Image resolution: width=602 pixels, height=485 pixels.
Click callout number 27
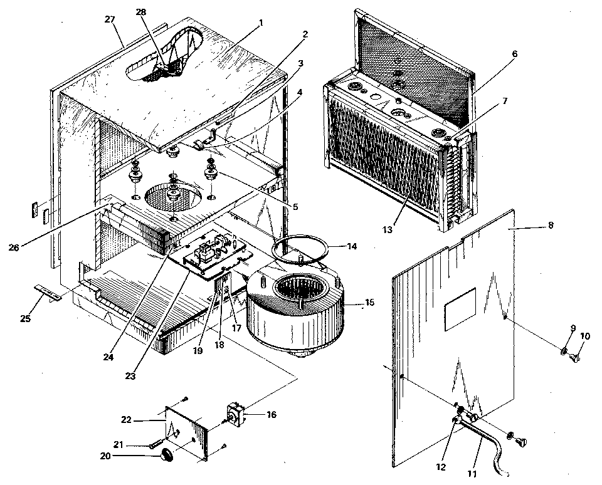[110, 19]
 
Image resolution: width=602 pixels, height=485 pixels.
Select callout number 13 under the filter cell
[388, 230]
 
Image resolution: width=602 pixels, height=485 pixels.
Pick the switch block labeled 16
[236, 414]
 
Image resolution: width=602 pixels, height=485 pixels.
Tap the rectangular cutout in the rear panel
[461, 314]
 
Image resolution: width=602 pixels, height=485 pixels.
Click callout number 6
[514, 54]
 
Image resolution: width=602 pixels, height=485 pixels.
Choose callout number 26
[14, 246]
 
